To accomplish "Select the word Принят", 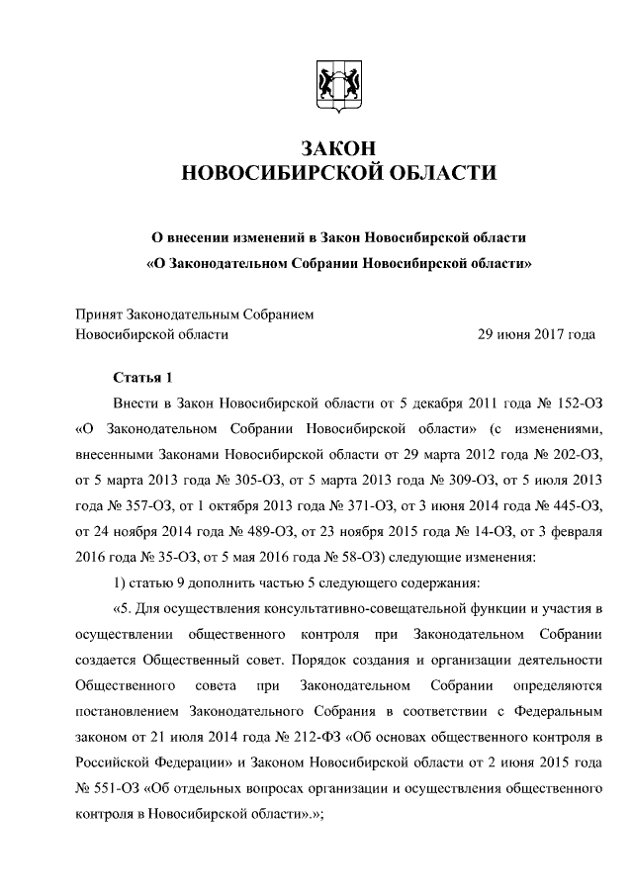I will [x=98, y=314].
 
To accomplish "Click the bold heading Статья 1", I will [x=143, y=378].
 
